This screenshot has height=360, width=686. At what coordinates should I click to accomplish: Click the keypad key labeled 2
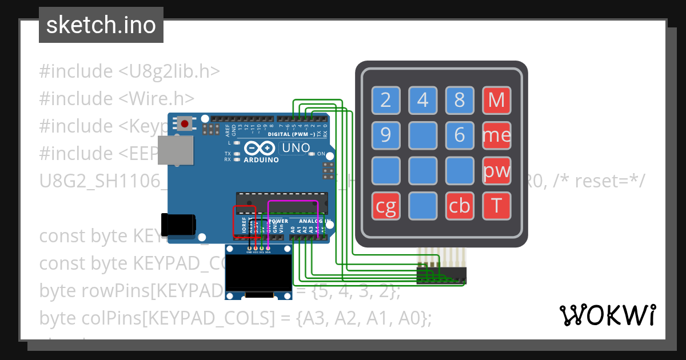pyautogui.click(x=386, y=100)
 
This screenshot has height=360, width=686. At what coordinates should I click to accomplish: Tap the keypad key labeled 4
pyautogui.click(x=423, y=100)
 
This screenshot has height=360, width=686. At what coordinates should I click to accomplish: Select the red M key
pyautogui.click(x=497, y=100)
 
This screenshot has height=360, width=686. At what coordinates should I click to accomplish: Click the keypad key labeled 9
pyautogui.click(x=386, y=135)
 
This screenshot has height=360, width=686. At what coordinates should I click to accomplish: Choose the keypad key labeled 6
pyautogui.click(x=460, y=135)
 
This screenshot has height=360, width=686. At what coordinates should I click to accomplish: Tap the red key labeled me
pyautogui.click(x=497, y=135)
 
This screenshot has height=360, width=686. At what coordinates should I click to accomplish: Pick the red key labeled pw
pyautogui.click(x=497, y=171)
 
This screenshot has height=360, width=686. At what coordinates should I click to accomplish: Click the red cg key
pyautogui.click(x=386, y=206)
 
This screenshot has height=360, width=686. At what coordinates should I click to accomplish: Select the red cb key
pyautogui.click(x=460, y=206)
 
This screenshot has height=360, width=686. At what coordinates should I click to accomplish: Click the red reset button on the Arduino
pyautogui.click(x=184, y=123)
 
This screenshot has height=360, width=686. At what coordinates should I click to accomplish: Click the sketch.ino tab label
pyautogui.click(x=101, y=25)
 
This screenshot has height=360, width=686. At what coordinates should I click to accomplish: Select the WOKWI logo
pyautogui.click(x=607, y=315)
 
